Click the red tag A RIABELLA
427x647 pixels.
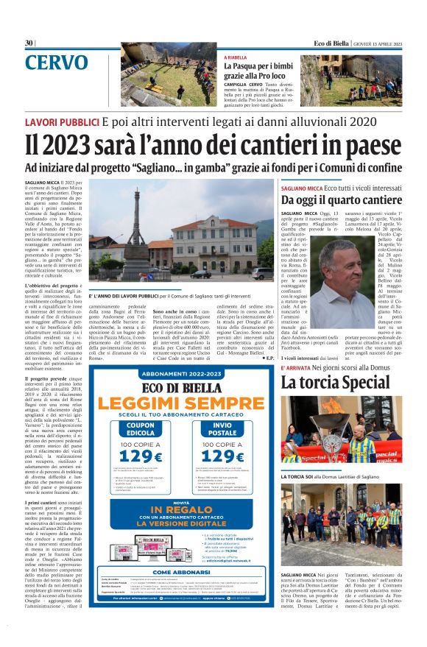(237, 57)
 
